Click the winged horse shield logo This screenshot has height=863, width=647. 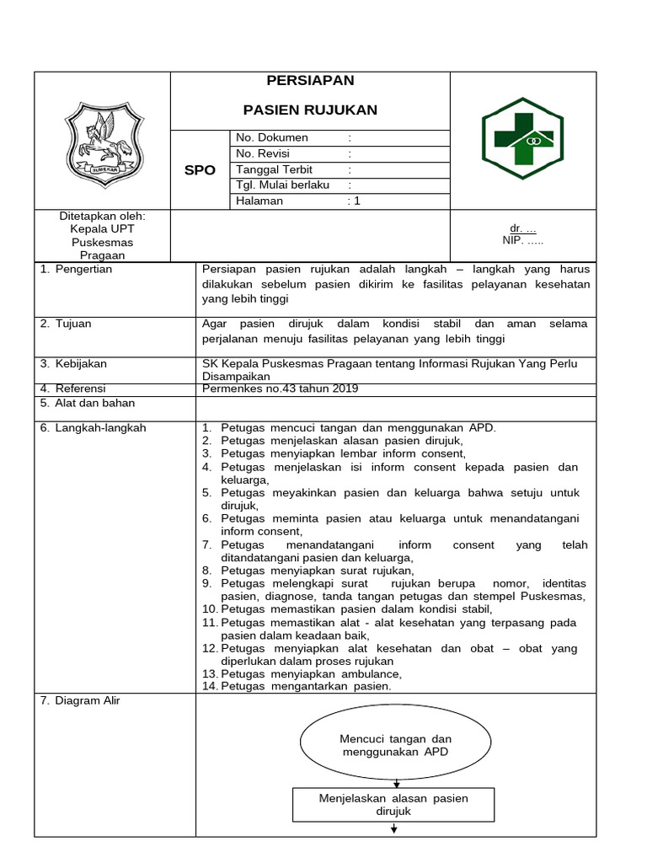click(104, 142)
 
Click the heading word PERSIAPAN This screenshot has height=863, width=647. click(310, 81)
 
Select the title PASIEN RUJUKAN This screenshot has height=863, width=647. click(310, 110)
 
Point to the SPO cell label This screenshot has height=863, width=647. click(200, 169)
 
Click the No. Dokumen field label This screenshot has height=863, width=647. click(272, 137)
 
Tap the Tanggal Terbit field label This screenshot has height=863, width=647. click(275, 169)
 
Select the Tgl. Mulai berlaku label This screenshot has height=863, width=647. click(282, 185)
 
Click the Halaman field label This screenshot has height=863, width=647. click(259, 201)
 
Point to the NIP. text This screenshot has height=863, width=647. click(523, 241)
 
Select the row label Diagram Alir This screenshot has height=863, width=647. click(87, 700)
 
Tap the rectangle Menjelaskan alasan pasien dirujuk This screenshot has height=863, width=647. click(393, 805)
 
